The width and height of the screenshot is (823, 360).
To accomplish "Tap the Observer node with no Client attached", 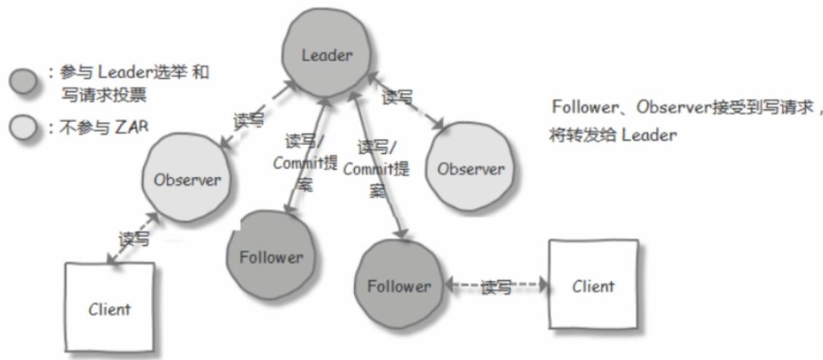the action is (x=470, y=168).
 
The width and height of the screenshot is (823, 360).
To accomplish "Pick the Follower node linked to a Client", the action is (x=398, y=286).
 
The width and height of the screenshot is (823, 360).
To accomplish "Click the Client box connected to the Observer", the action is (x=110, y=308).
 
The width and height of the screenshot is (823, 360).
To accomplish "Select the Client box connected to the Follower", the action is (x=593, y=286).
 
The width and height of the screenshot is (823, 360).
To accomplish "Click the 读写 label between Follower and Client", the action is (x=495, y=287).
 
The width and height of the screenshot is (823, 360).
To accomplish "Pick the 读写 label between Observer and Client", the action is (x=134, y=239).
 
